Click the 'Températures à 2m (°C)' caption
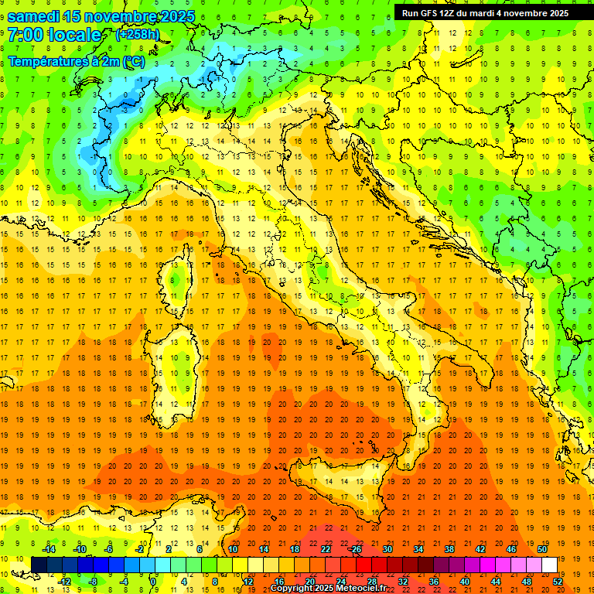[76, 61]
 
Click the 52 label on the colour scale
[558, 581]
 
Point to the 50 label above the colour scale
[541, 549]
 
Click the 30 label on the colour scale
[387, 549]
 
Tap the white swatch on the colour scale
[549, 565]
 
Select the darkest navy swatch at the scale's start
[39, 565]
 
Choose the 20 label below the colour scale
[309, 581]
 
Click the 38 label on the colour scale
[449, 549]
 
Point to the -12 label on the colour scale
[65, 581]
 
